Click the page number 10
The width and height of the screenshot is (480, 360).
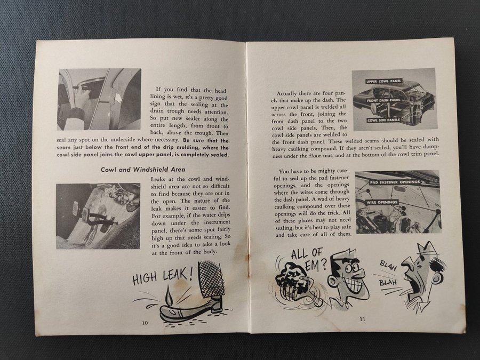[145, 322]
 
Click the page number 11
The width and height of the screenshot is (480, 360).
[363, 319]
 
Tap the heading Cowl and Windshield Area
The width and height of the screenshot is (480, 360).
[143, 169]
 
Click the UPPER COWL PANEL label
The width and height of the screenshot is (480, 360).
[383, 82]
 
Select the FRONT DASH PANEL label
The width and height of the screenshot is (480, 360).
[383, 100]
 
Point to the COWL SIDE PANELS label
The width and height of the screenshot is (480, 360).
[383, 120]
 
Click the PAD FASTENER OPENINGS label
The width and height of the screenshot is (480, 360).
[395, 182]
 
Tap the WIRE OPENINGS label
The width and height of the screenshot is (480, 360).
[382, 202]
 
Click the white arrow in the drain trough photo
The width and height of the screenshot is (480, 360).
[118, 98]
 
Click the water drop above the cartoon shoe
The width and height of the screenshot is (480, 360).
[169, 296]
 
